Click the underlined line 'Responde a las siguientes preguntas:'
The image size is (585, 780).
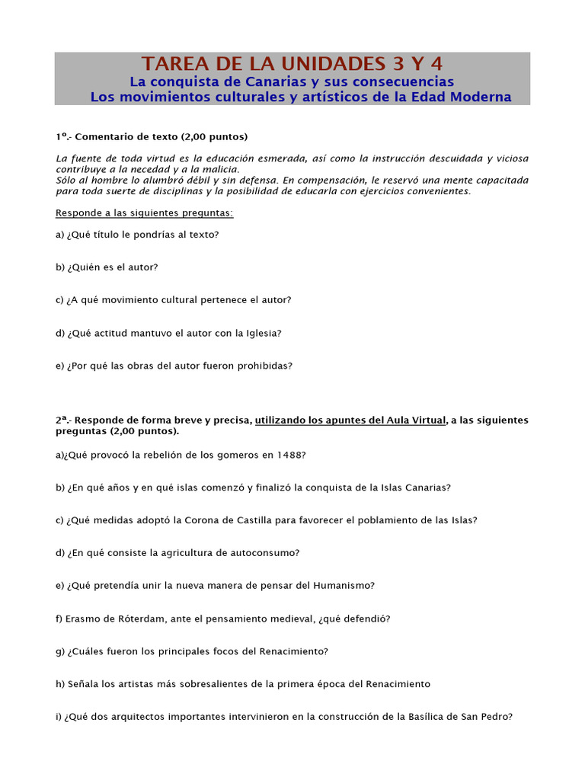pos(144,213)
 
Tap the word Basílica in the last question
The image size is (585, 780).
pos(420,717)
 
